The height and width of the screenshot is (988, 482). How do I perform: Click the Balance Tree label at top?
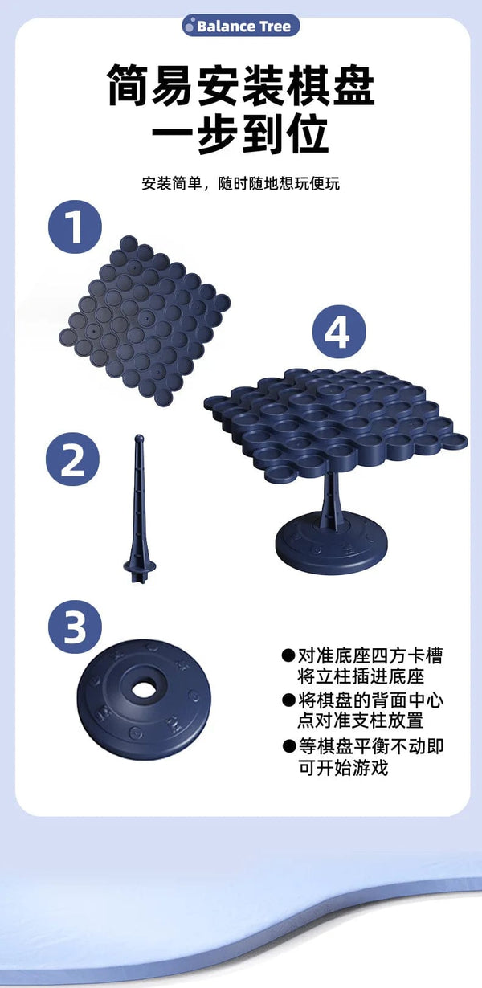coord(240,26)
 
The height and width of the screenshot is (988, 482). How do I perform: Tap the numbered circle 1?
coord(75,227)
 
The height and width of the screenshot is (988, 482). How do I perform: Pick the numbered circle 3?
coord(75,627)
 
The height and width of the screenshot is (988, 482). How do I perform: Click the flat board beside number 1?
coord(145,320)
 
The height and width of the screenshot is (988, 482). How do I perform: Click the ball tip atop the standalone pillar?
coord(139,439)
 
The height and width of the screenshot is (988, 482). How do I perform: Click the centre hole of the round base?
coord(143,688)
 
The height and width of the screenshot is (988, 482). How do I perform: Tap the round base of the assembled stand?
coord(331,543)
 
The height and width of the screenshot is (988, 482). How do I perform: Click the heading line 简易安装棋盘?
coord(241,85)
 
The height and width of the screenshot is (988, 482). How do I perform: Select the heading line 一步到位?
coord(240,133)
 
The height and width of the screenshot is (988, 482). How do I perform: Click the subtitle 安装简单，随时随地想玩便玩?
coord(240,183)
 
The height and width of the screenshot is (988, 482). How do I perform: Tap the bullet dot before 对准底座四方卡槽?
coord(288,655)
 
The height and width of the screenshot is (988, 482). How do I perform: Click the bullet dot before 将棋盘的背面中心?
coord(288,700)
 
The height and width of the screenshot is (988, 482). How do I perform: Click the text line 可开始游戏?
coord(343,768)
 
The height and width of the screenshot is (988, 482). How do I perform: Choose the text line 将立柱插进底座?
coord(361,676)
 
